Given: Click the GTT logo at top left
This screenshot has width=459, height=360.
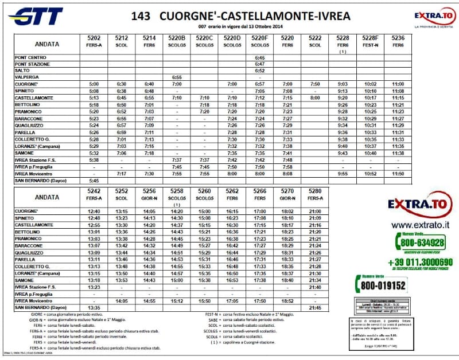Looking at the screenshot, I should point(37,17).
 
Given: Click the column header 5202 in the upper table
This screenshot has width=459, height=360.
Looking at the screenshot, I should point(94,38).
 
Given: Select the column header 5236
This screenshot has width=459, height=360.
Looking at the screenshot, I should point(398,38).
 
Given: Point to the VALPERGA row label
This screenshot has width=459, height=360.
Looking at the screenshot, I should point(27,77).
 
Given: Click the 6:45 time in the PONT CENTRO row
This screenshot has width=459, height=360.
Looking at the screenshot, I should point(260,57).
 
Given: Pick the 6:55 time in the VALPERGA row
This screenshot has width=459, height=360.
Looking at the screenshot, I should point(177,77).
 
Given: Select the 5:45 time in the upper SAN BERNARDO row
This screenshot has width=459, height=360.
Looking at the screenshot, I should point(94,180).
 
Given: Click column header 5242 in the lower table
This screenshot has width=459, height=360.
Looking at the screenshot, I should point(94,191).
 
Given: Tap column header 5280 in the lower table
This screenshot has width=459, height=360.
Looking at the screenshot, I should point(314,191).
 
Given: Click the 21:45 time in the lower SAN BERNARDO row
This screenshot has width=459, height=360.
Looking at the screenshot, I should point(314,307).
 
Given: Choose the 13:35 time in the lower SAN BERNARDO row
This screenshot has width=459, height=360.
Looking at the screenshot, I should point(94,307).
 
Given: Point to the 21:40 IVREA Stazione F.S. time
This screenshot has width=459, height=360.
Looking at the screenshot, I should point(314,287).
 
